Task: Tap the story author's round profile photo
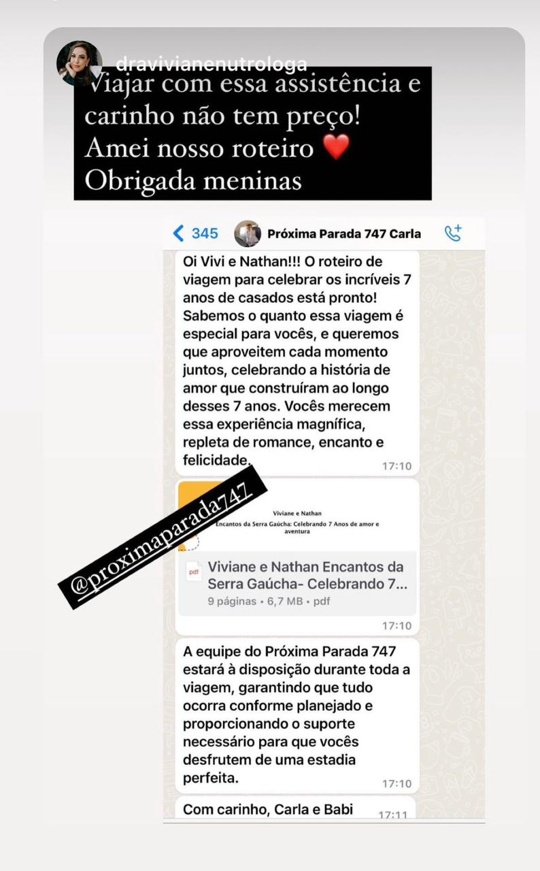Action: (x=79, y=63)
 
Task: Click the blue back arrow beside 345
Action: (x=178, y=233)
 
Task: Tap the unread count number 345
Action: (x=205, y=233)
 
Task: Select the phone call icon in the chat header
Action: (x=453, y=233)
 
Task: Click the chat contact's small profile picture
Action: (x=248, y=233)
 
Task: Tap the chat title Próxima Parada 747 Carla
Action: (x=343, y=233)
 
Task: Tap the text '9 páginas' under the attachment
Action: (x=232, y=602)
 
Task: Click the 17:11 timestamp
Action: (x=392, y=815)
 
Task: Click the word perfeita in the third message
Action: (x=211, y=778)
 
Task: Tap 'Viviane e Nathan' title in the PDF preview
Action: (x=297, y=513)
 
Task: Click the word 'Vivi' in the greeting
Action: (x=211, y=262)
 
